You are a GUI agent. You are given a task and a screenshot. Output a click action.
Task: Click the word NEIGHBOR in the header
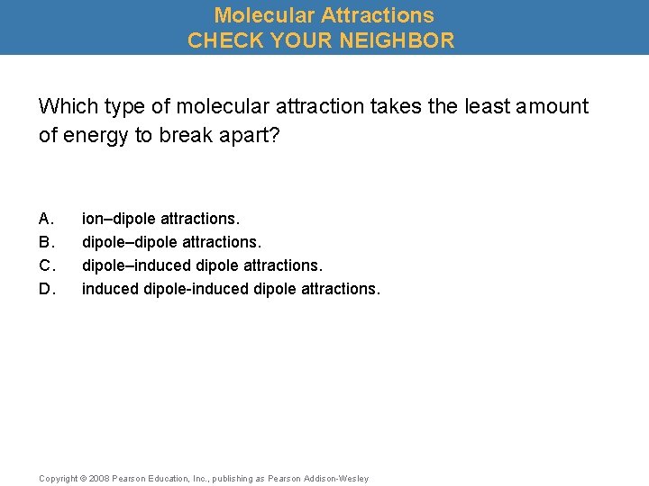point(397,40)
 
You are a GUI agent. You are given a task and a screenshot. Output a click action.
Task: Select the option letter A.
point(46,219)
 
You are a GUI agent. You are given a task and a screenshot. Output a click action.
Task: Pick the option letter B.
point(46,242)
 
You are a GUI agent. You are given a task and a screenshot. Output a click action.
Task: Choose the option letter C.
point(46,265)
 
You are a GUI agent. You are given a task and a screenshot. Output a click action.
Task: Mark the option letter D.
point(46,289)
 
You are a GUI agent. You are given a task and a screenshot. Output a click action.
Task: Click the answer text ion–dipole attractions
point(161,219)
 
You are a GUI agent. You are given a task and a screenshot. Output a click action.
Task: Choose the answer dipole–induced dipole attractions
point(202,265)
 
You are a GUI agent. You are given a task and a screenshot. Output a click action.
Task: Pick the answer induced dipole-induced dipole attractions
point(231,289)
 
